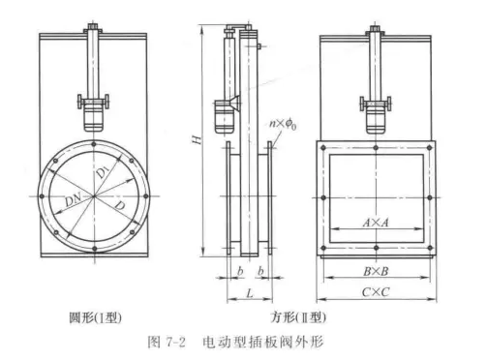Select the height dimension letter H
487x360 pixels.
(x=198, y=141)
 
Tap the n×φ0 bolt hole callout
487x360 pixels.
(x=283, y=123)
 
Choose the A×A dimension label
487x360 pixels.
(x=378, y=222)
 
